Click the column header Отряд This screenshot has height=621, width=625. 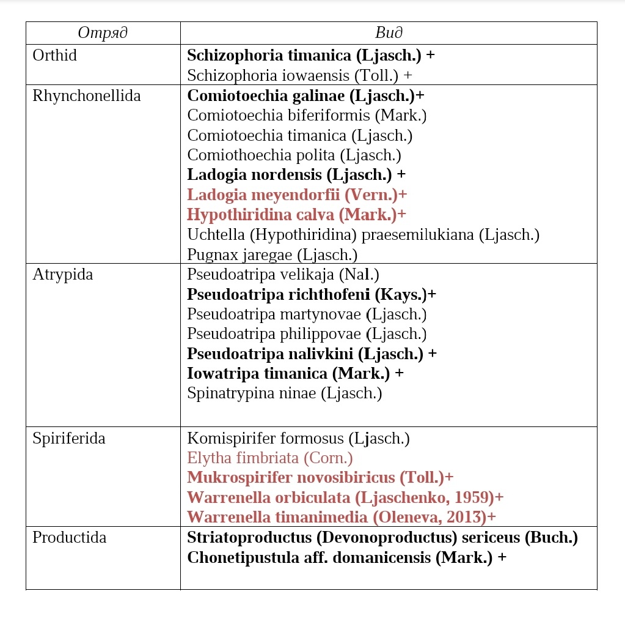point(103,33)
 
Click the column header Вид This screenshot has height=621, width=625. point(389,33)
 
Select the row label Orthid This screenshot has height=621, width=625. point(55,55)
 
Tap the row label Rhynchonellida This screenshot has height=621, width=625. point(86,96)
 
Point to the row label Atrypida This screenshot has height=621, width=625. point(63,275)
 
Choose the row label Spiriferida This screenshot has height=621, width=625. point(69,438)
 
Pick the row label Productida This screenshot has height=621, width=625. point(70,537)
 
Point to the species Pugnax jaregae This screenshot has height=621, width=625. point(272,255)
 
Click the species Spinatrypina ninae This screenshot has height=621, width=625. point(284,393)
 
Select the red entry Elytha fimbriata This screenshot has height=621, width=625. point(269,458)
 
